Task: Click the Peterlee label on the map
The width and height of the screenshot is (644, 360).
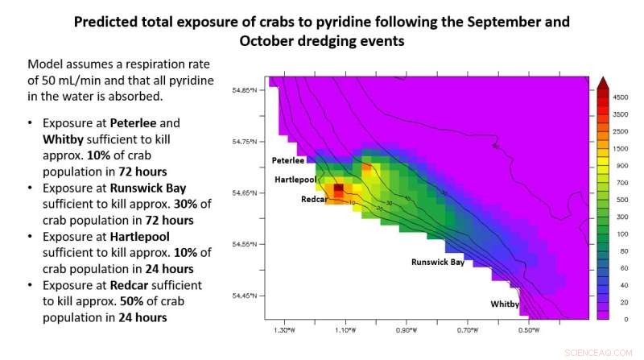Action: [x=288, y=160]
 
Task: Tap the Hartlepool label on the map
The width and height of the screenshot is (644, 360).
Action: [x=295, y=180]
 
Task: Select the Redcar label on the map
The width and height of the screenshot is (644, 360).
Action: [x=313, y=199]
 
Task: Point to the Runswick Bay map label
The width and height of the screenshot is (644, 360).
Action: [x=437, y=263]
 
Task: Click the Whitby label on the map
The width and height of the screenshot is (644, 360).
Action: [x=505, y=304]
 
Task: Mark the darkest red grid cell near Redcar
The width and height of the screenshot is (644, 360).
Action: [x=339, y=188]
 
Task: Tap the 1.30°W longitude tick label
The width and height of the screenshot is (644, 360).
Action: [x=283, y=330]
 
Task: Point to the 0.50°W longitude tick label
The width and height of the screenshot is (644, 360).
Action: [x=528, y=330]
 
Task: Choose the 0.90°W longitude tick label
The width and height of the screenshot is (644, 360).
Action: [x=406, y=330]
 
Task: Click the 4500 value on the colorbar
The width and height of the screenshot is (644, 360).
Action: [x=620, y=97]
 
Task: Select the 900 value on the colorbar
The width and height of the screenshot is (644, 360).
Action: [x=620, y=165]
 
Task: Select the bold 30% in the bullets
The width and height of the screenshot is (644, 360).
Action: [x=188, y=204]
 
